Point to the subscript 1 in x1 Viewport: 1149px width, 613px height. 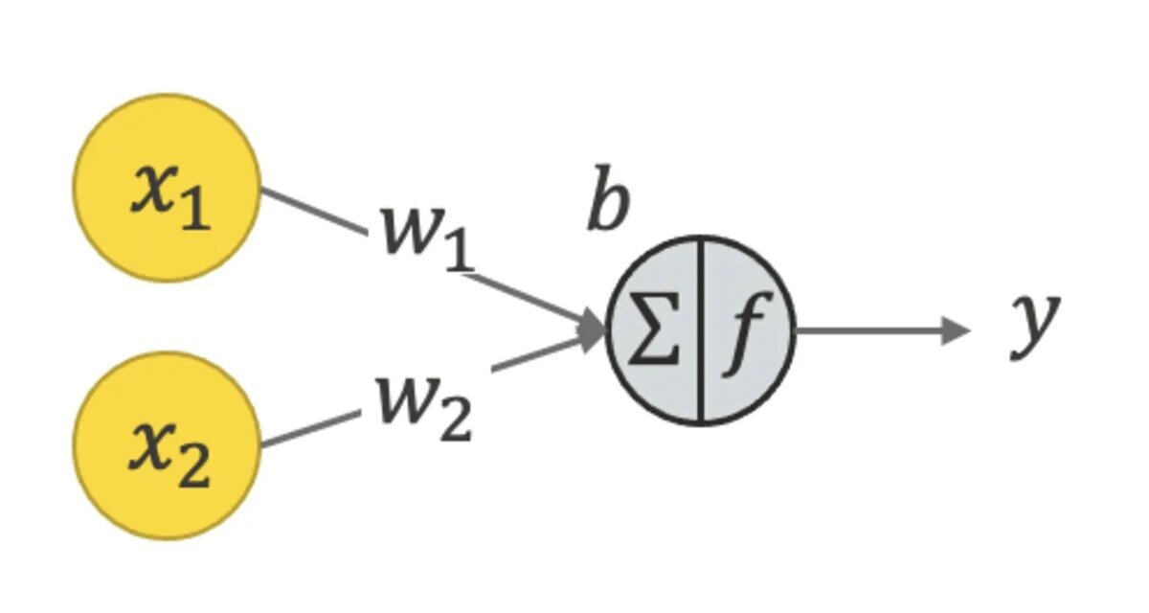[194, 213]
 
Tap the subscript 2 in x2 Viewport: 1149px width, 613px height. [194, 469]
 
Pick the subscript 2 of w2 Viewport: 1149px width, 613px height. [456, 422]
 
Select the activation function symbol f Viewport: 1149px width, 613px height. [746, 332]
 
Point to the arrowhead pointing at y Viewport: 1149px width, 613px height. [957, 331]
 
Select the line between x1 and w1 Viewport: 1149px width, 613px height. [313, 211]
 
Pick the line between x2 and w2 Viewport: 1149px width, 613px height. [308, 430]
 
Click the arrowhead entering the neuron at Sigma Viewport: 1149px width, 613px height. [594, 330]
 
